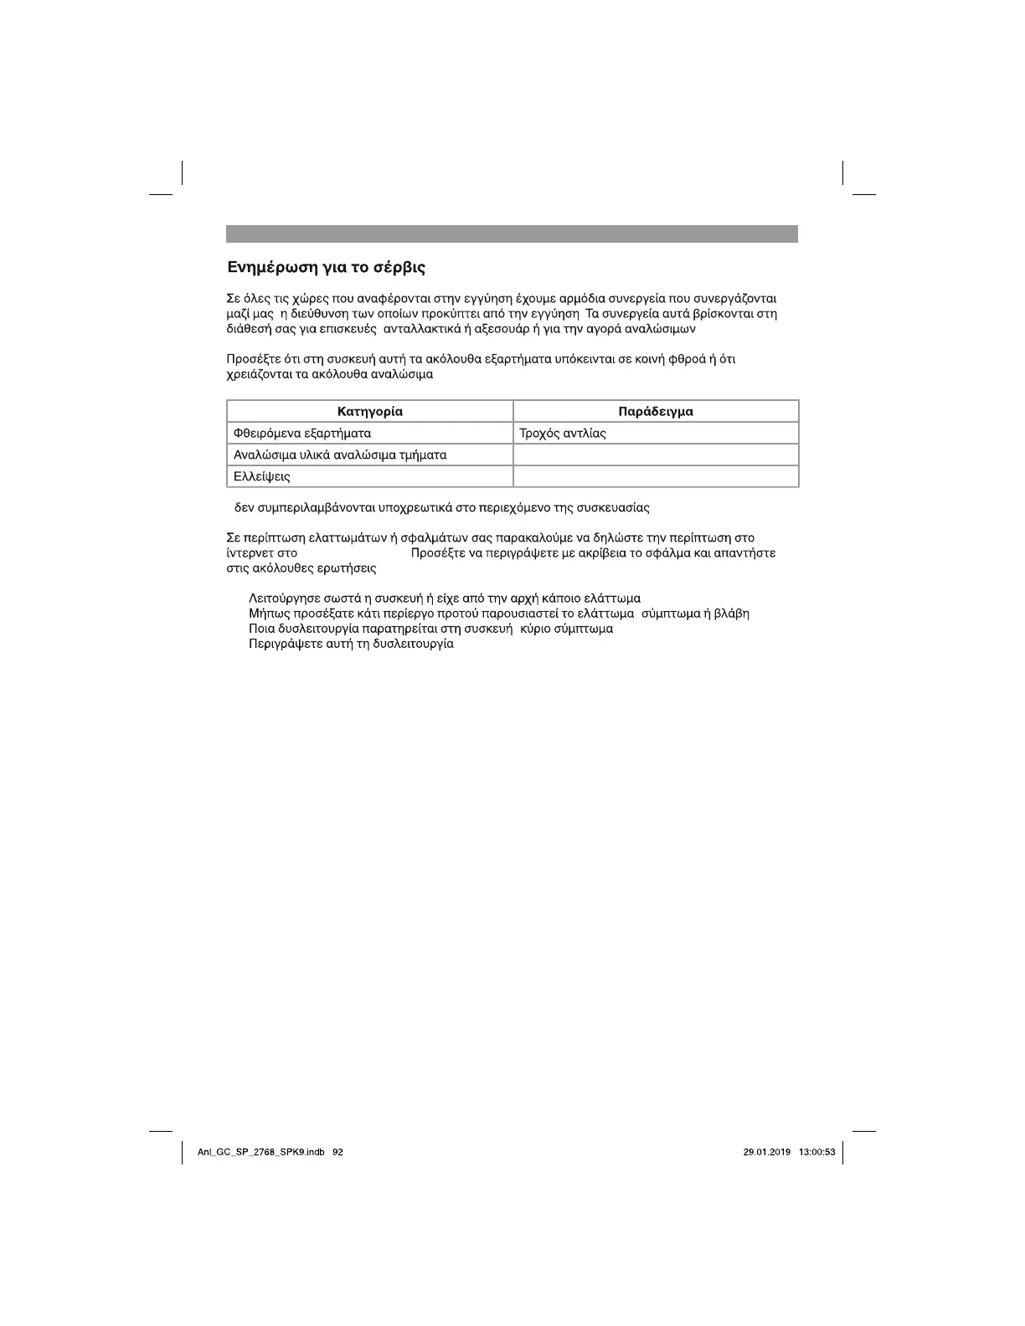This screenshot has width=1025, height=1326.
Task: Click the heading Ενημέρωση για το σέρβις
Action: point(326,268)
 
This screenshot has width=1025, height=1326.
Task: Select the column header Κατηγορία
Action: point(369,411)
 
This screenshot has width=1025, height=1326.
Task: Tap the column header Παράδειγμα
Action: point(656,411)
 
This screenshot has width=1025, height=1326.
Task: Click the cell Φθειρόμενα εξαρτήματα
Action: point(302,433)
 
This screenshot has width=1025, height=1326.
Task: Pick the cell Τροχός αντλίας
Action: point(563,433)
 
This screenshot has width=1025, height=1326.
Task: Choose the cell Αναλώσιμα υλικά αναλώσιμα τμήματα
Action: point(340,455)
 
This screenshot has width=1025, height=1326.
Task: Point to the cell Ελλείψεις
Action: point(262,476)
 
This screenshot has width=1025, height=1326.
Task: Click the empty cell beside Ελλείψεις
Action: point(656,476)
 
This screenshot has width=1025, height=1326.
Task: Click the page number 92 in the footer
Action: point(337,1152)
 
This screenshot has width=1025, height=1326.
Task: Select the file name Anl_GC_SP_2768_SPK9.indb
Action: point(260,1152)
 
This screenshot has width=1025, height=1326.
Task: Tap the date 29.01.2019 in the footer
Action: point(766,1152)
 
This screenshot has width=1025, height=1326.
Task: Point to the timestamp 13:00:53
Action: point(817,1152)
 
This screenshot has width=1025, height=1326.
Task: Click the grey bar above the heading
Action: point(512,234)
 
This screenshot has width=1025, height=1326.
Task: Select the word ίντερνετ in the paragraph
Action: point(250,553)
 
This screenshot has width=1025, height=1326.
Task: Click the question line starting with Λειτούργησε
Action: point(445,599)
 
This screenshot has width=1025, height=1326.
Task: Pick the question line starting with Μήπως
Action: point(498,614)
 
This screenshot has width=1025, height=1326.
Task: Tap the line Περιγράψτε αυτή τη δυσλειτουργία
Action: point(351,644)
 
